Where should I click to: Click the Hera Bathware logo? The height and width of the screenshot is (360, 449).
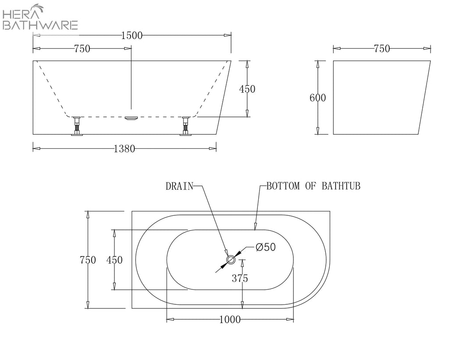click(x=40, y=17)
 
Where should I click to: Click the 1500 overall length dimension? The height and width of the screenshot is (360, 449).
click(x=132, y=36)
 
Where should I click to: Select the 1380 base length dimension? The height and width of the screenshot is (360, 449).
click(x=124, y=149)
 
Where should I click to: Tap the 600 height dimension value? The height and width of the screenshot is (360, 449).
click(x=317, y=98)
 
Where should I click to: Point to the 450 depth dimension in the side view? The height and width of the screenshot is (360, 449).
click(x=247, y=89)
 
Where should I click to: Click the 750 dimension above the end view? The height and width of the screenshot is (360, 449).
click(x=382, y=49)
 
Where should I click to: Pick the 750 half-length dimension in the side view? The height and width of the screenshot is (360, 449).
click(x=82, y=49)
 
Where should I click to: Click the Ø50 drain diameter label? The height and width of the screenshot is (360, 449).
click(x=265, y=247)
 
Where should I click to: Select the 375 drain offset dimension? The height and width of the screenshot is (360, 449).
click(x=240, y=278)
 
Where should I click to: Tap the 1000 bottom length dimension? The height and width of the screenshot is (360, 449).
click(x=230, y=319)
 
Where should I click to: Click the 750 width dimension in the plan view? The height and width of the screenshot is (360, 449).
click(x=88, y=260)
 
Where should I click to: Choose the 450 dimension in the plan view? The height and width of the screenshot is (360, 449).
click(x=114, y=260)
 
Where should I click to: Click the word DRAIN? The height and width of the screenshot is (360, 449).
click(x=179, y=186)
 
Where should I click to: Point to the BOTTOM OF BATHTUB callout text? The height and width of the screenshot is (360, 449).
click(x=313, y=186)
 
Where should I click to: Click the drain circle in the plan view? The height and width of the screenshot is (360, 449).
click(x=231, y=260)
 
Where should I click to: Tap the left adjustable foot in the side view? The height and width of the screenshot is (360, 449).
click(x=77, y=126)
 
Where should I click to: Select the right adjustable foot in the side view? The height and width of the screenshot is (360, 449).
click(x=185, y=126)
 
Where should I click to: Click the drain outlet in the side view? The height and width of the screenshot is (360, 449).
click(x=132, y=118)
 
